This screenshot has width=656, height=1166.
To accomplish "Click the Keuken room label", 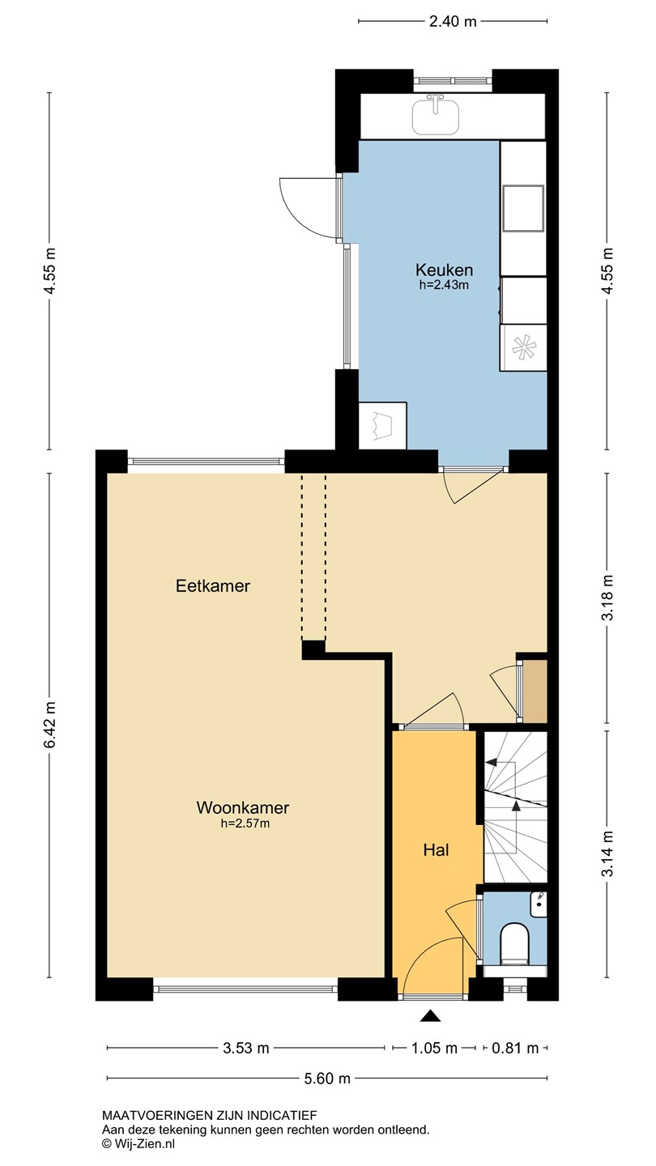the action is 444,270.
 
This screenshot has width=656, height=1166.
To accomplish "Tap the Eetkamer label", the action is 213,585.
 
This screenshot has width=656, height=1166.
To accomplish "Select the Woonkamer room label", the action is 243,807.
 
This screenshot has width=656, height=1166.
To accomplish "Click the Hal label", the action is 436,850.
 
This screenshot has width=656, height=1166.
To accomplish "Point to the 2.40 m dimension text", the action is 453,21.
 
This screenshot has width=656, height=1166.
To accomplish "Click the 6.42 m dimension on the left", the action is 49,724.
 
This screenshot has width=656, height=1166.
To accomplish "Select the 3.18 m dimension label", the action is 607,597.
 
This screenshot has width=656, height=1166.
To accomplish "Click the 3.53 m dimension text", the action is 245,1048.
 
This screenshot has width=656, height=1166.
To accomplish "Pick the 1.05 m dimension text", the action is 434,1048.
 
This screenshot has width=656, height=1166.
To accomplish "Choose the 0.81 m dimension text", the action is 515,1048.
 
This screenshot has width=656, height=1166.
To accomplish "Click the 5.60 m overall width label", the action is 327,1079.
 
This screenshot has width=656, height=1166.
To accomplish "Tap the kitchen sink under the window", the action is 436,116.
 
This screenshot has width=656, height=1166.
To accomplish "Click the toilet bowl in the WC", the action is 514,941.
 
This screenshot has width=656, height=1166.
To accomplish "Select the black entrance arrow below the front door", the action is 430,1015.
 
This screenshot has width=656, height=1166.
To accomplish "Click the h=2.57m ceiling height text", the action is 245,823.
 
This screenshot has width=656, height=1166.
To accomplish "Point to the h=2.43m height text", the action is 444,285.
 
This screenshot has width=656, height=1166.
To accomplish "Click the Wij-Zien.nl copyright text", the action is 138,1143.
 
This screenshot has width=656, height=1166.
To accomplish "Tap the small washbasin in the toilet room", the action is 539,904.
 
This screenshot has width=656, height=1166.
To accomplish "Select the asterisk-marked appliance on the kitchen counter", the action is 523,347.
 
